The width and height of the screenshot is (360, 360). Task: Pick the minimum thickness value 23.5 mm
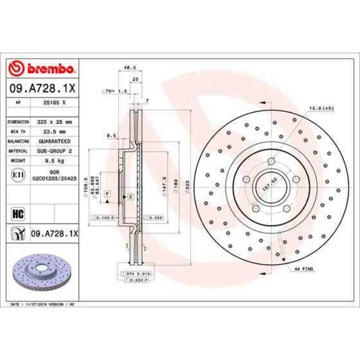point(54,131)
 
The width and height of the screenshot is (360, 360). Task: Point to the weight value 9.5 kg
point(54,161)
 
